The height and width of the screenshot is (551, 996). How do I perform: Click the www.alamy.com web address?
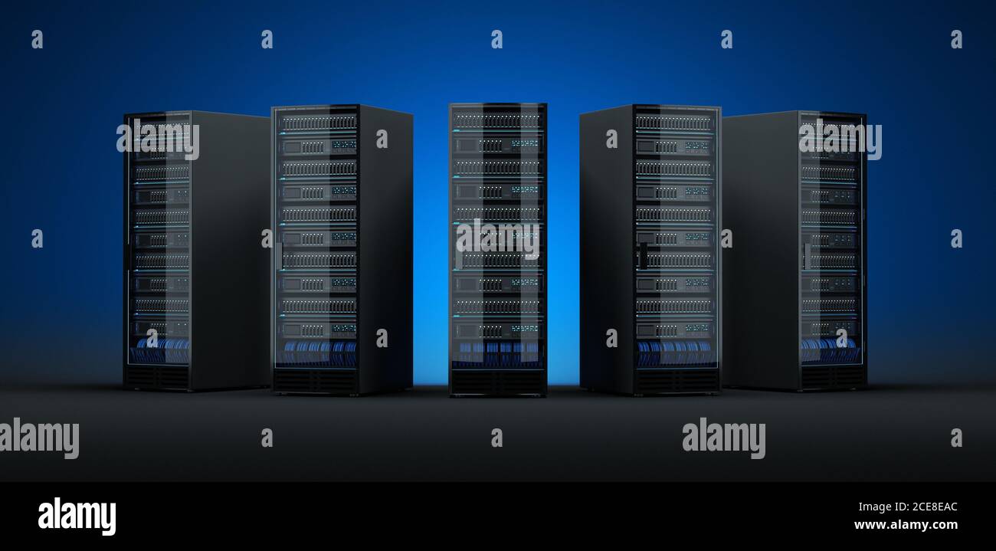point(905,525)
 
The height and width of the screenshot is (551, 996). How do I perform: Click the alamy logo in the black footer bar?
point(77,516)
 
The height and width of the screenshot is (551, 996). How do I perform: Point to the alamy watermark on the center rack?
point(497,238)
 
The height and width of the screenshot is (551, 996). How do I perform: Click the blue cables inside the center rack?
point(497,352)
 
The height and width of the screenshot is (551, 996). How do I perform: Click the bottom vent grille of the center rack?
point(497,381)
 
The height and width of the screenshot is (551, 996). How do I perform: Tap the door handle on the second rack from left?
point(280,254)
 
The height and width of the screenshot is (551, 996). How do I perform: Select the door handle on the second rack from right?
point(643,254)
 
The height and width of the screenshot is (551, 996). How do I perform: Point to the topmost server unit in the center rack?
point(497,120)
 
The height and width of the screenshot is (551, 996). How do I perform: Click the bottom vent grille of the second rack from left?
point(315,380)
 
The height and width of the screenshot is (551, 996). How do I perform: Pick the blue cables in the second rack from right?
point(674,353)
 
